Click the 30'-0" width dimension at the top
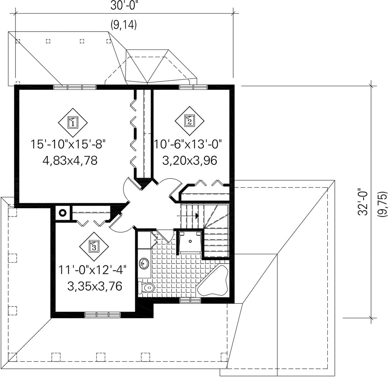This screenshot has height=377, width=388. tap(124, 6)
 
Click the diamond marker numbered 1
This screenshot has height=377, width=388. tap(73, 122)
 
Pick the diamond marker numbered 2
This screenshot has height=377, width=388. tap(190, 121)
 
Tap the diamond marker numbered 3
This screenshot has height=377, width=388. tap(94, 246)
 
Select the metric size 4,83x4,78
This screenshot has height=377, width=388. tap(70, 161)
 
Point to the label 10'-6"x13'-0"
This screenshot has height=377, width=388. tap(188, 144)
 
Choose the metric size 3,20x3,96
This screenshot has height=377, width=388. tap(190, 160)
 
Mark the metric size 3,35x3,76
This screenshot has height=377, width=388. tap(95, 287)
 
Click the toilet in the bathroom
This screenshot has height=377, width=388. tap(146, 288)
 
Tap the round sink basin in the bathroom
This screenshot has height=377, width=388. tap(144, 264)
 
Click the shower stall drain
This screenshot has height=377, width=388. tap(190, 241)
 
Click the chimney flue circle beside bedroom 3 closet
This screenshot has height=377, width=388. tap(63, 213)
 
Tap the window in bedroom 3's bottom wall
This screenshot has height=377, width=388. tap(102, 315)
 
